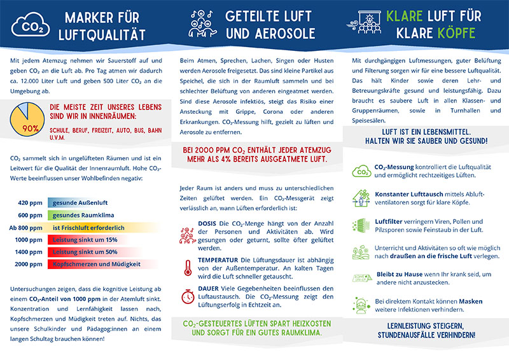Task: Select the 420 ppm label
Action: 30,202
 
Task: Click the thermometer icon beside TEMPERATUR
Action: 188,266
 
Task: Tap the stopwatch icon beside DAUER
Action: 188,296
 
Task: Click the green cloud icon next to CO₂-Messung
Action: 361,170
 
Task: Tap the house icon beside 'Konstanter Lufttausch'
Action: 361,198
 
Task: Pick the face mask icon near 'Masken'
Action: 361,303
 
